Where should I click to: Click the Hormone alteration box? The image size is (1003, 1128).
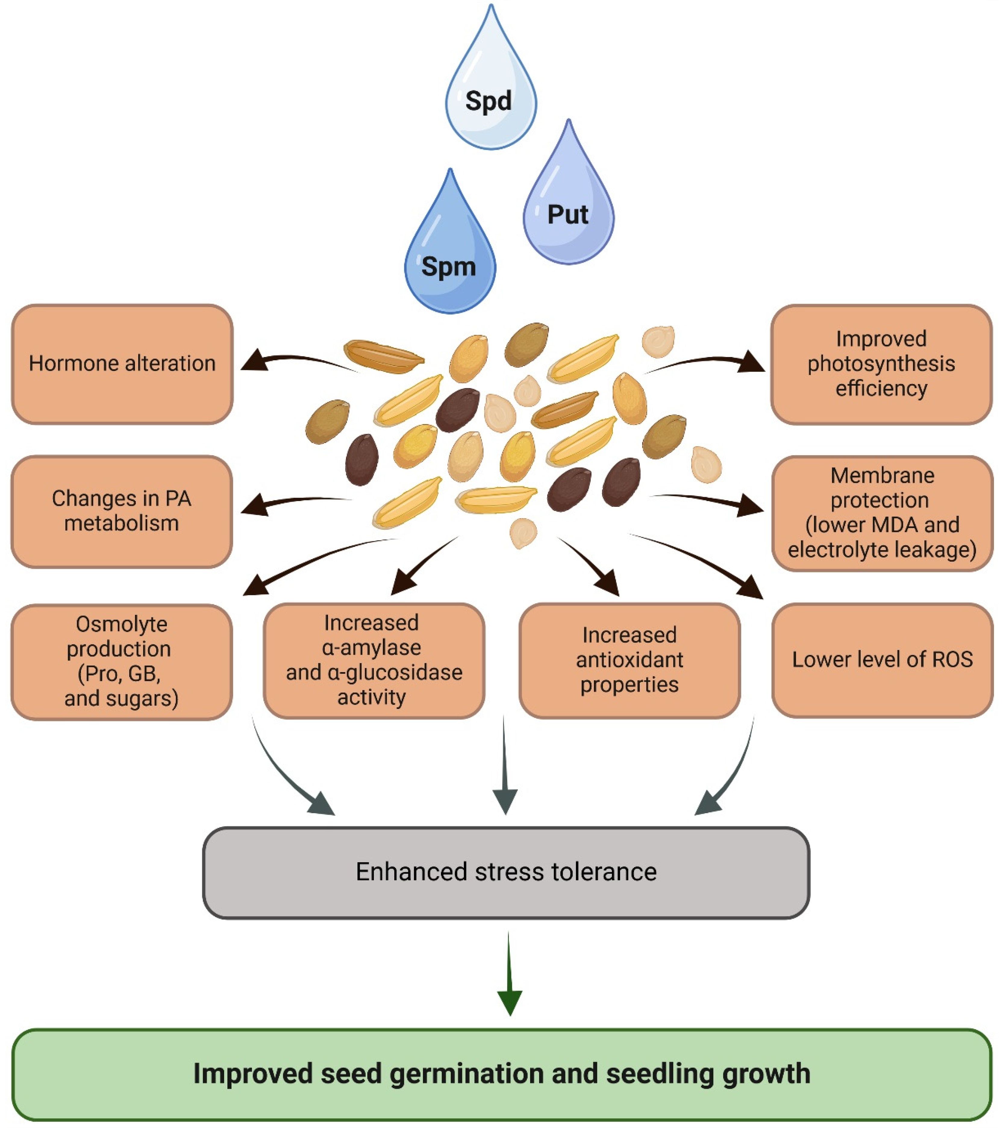coord(122,364)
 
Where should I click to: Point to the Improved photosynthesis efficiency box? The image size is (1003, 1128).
coord(881,364)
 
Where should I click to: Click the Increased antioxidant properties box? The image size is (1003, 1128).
coord(630,660)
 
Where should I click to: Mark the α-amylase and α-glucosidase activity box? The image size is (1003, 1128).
coord(374,660)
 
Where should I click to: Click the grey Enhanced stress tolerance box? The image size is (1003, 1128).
coord(506,872)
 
